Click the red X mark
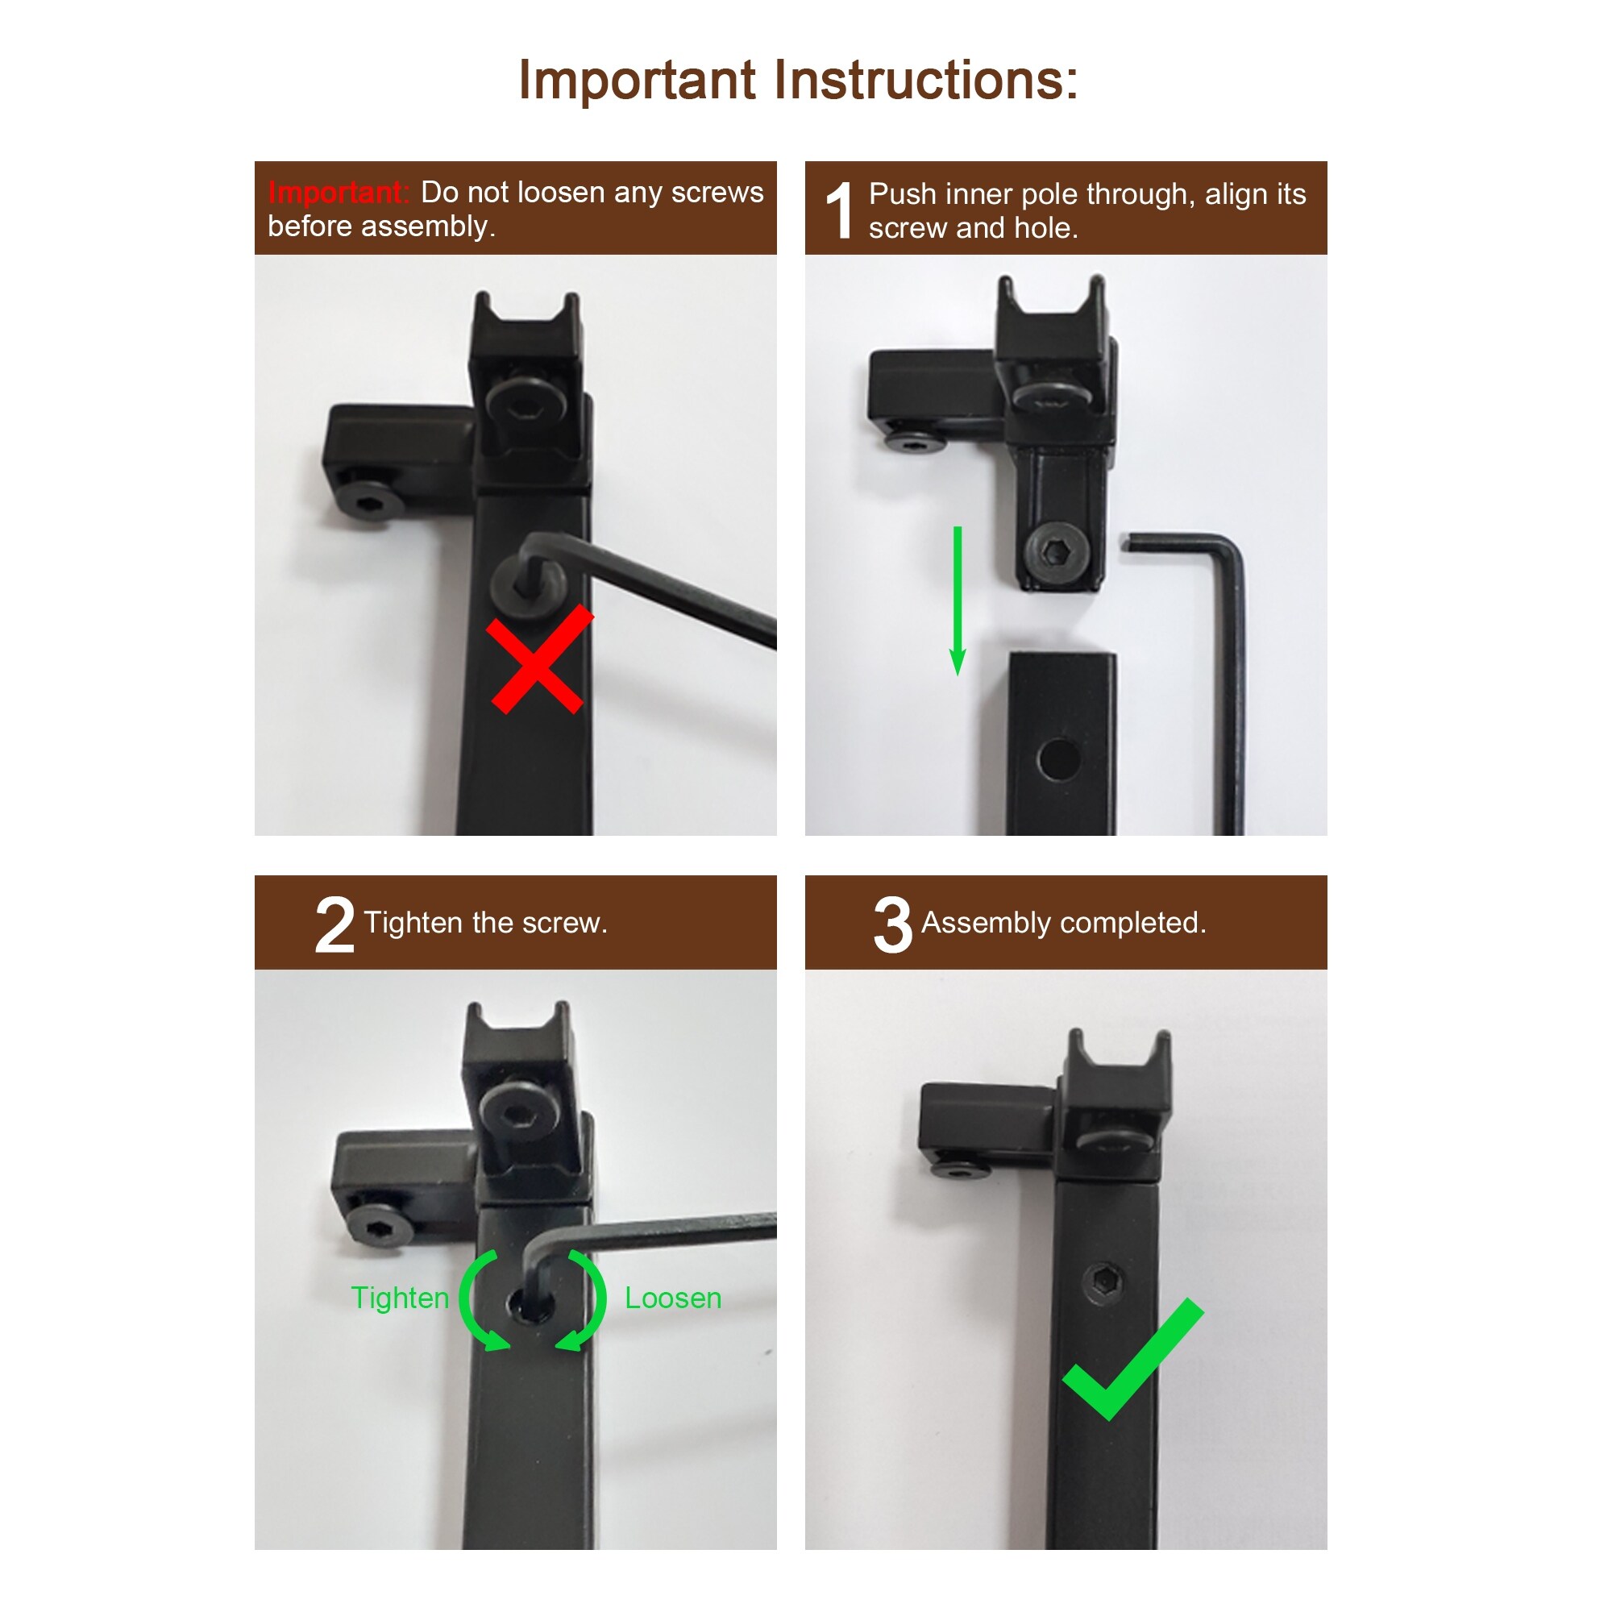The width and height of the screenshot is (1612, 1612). tap(539, 659)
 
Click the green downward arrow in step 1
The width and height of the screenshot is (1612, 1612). tap(958, 600)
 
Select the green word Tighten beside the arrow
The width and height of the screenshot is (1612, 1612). tap(400, 1298)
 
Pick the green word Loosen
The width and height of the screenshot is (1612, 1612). tap(673, 1298)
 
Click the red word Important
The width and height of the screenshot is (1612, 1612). tap(338, 193)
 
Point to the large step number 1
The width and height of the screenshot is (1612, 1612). tap(839, 210)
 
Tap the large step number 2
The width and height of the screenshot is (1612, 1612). tap(334, 925)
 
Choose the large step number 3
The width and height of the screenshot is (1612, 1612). tap(893, 925)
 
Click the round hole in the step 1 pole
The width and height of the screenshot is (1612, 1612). tap(1060, 758)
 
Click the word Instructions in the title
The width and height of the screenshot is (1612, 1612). tap(926, 80)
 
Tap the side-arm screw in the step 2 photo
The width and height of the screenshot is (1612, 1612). tap(380, 1224)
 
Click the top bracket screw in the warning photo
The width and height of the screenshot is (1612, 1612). tap(526, 405)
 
